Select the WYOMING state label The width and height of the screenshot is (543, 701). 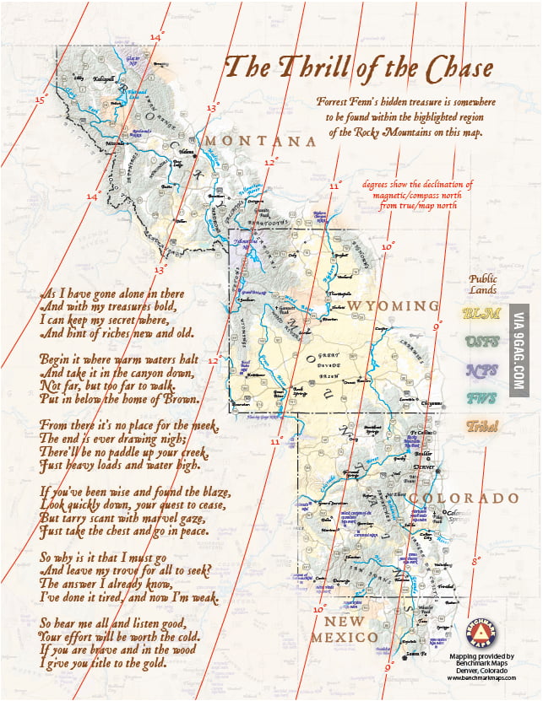click(394, 305)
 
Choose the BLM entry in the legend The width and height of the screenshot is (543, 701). click(482, 314)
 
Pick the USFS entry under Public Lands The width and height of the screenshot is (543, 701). click(482, 342)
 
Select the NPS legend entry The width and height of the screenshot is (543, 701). click(482, 369)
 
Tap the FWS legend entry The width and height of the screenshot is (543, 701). click(482, 397)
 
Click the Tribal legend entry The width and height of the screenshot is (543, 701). click(482, 426)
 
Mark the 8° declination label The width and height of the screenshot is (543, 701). click(476, 559)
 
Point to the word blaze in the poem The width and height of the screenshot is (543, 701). click(209, 492)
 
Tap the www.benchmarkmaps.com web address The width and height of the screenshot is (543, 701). click(481, 677)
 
